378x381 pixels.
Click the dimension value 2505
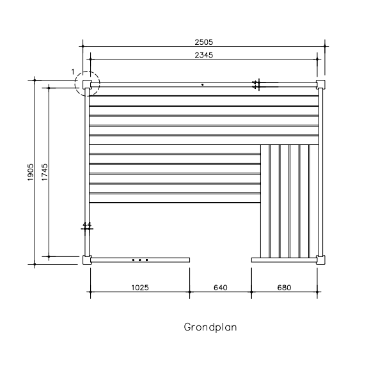pos(203,42)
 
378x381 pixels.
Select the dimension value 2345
pos(203,55)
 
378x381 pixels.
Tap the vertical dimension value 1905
pos(31,172)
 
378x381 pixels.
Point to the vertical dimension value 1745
pos(45,172)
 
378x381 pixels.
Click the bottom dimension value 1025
pos(140,288)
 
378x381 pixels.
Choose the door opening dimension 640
pos(221,288)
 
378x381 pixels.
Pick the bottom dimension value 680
pos(284,288)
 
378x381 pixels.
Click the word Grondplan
pos(210,327)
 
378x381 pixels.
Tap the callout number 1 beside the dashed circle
pos(73,72)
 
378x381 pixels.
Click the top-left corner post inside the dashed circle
pos(87,84)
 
